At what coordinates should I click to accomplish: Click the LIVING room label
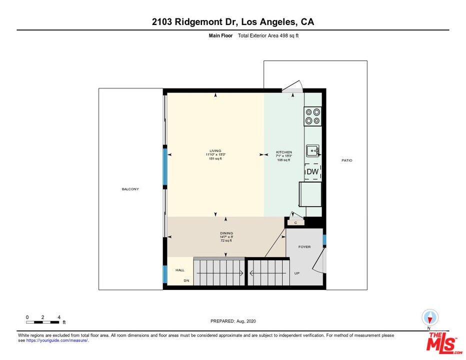point(215,151)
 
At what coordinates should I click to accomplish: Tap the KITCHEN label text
point(284,152)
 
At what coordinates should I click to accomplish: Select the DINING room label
point(226,232)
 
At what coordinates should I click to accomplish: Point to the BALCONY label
point(130,189)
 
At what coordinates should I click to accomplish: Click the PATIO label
point(346,160)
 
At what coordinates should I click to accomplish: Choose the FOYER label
point(304,247)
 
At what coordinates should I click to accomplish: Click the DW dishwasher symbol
point(312,172)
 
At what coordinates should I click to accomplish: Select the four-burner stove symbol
point(313,116)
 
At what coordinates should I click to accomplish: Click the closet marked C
point(295,222)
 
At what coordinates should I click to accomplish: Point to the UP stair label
point(296,273)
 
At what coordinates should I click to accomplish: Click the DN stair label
point(186,280)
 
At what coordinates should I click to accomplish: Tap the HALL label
point(179,270)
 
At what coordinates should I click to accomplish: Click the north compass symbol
point(430,317)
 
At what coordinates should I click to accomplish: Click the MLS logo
point(442,341)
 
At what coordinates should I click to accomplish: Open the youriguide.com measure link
point(57,340)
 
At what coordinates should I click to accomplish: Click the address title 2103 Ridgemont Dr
point(233,22)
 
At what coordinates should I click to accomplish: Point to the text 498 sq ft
point(287,36)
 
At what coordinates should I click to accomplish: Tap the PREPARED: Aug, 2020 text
point(233,321)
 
